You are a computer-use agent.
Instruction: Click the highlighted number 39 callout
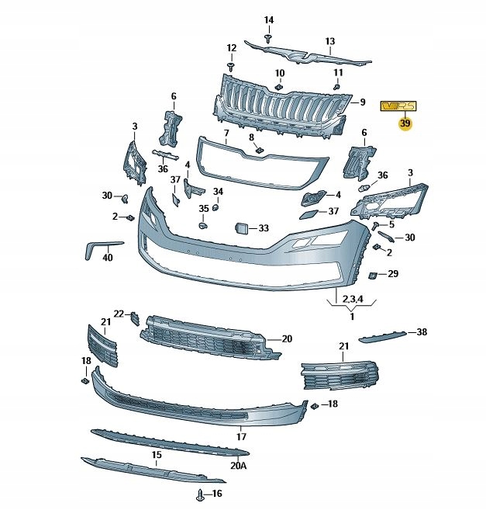(405, 123)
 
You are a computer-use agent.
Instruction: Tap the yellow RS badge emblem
(398, 106)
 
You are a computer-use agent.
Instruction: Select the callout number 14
(268, 19)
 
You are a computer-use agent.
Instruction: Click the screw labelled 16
(201, 494)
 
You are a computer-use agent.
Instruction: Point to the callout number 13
(329, 41)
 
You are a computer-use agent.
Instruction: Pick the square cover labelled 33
(241, 228)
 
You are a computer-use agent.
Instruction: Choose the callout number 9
(361, 102)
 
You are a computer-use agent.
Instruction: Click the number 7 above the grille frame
(226, 133)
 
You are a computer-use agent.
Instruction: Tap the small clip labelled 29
(372, 275)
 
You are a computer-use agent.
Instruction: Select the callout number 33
(264, 228)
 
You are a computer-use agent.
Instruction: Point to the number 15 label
(156, 455)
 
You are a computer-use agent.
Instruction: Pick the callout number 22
(119, 314)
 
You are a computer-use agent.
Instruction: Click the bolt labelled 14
(268, 36)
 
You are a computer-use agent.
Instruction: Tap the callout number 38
(421, 332)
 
